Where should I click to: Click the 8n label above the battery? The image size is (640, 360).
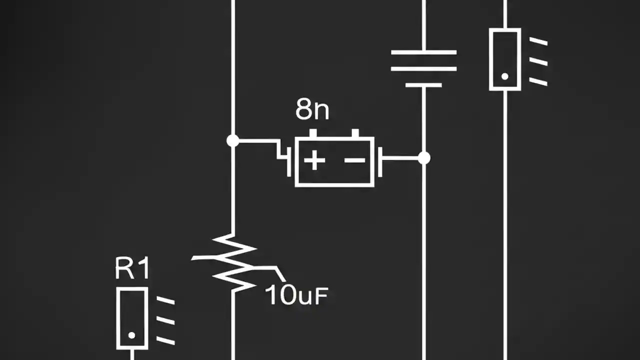click(312, 110)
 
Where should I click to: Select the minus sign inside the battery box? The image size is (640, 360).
click(355, 160)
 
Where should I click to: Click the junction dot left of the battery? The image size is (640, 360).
click(232, 141)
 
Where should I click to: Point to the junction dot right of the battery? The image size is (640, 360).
click(424, 158)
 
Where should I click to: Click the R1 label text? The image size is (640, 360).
click(132, 268)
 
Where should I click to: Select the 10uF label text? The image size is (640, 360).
click(296, 295)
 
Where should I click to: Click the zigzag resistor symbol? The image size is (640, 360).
click(233, 262)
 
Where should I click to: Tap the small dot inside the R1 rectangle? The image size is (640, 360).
click(132, 335)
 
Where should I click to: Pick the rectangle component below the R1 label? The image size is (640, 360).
click(132, 317)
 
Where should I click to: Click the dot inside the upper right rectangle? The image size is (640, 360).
click(504, 76)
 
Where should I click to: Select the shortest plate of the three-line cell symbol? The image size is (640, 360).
click(423, 85)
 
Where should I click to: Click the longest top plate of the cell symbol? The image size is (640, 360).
click(423, 52)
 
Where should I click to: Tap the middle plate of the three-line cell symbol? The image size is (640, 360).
click(423, 68)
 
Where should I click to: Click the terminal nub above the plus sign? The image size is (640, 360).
click(313, 133)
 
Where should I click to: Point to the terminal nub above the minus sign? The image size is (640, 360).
click(355, 133)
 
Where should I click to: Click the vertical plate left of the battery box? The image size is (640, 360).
click(289, 161)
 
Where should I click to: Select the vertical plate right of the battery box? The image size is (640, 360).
click(380, 161)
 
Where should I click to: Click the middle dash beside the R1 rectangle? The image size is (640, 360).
click(165, 320)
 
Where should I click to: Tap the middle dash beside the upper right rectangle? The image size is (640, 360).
click(538, 61)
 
